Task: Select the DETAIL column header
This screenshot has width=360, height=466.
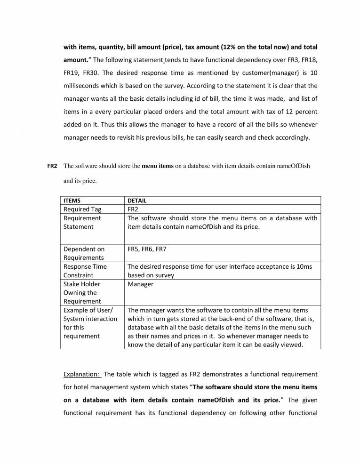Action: [x=137, y=201]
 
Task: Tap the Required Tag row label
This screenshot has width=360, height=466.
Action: [x=83, y=209]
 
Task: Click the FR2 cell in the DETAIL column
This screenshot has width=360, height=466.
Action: [x=133, y=209]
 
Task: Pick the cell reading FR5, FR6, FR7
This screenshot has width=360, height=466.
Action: [x=147, y=249]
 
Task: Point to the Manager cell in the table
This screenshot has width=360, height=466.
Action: [x=141, y=284]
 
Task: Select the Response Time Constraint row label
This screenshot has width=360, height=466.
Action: [x=85, y=271]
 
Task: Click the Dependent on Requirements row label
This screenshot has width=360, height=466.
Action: [x=84, y=253]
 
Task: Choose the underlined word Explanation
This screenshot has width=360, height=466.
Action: [x=81, y=374]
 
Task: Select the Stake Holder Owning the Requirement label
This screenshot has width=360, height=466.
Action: [x=83, y=292]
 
